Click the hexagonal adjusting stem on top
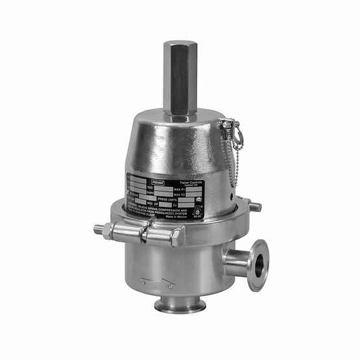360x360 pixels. tap(179, 76)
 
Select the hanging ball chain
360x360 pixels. tap(235, 165)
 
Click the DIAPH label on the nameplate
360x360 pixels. tap(150, 192)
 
